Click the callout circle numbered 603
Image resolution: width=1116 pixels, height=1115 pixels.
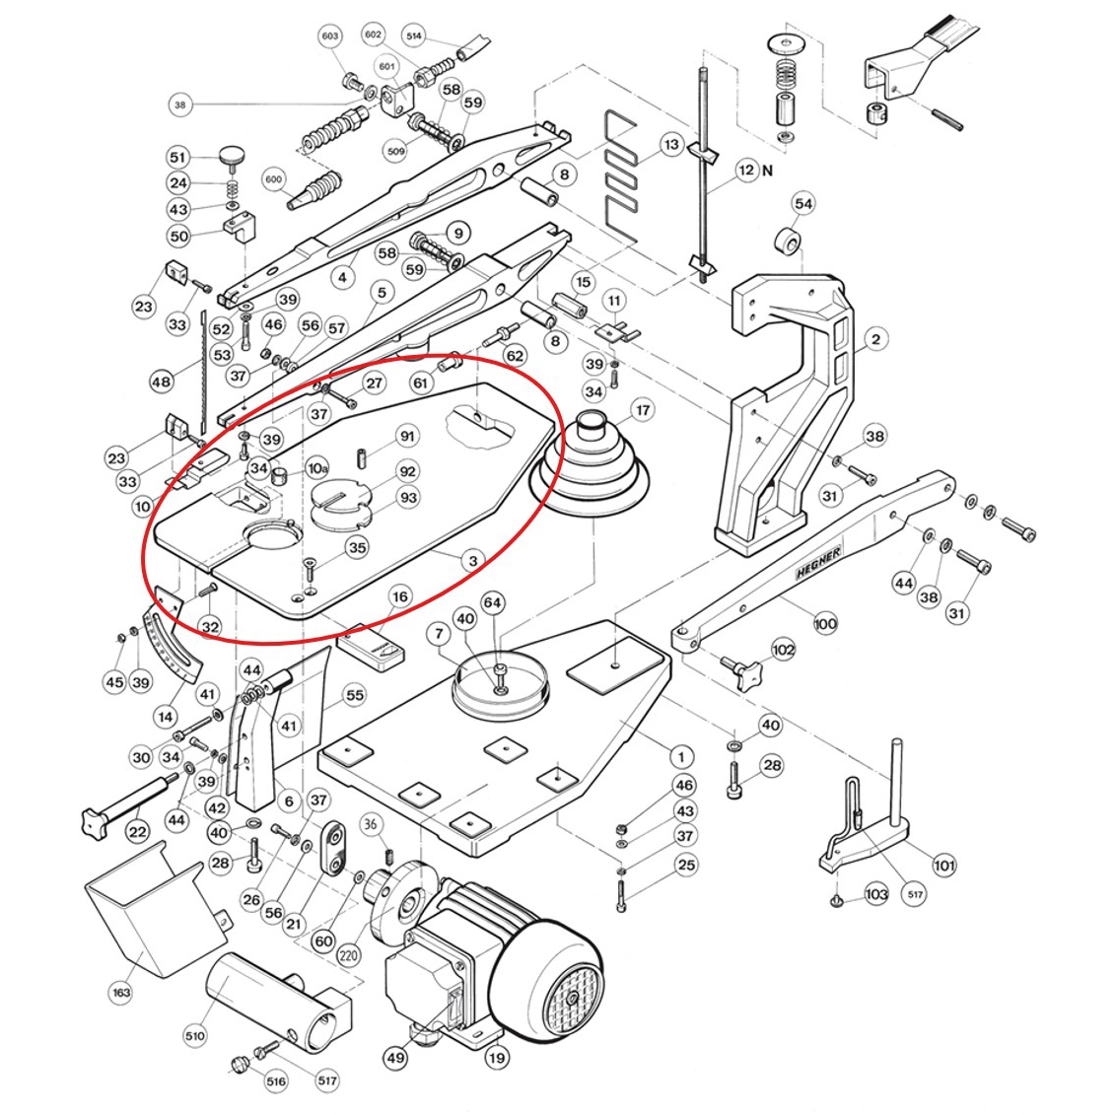(x=329, y=36)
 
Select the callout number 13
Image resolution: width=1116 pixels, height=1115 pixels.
(x=671, y=145)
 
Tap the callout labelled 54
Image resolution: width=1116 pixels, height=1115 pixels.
(x=803, y=204)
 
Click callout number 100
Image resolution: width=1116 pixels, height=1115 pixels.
(x=825, y=623)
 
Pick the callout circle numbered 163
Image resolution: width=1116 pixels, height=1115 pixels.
(x=121, y=993)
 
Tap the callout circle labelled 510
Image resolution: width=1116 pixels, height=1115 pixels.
(x=194, y=1036)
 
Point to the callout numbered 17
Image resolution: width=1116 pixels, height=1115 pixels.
(x=642, y=410)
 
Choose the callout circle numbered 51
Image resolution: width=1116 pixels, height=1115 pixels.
(x=177, y=157)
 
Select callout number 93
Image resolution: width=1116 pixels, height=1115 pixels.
(x=407, y=498)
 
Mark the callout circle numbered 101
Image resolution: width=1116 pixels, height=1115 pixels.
(x=943, y=867)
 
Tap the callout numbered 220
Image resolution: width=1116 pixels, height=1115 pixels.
(x=347, y=954)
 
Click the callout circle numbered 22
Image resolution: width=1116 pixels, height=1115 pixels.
(x=138, y=832)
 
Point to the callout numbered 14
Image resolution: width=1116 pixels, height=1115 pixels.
(x=165, y=717)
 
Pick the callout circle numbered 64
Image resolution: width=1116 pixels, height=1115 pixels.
(x=492, y=602)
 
